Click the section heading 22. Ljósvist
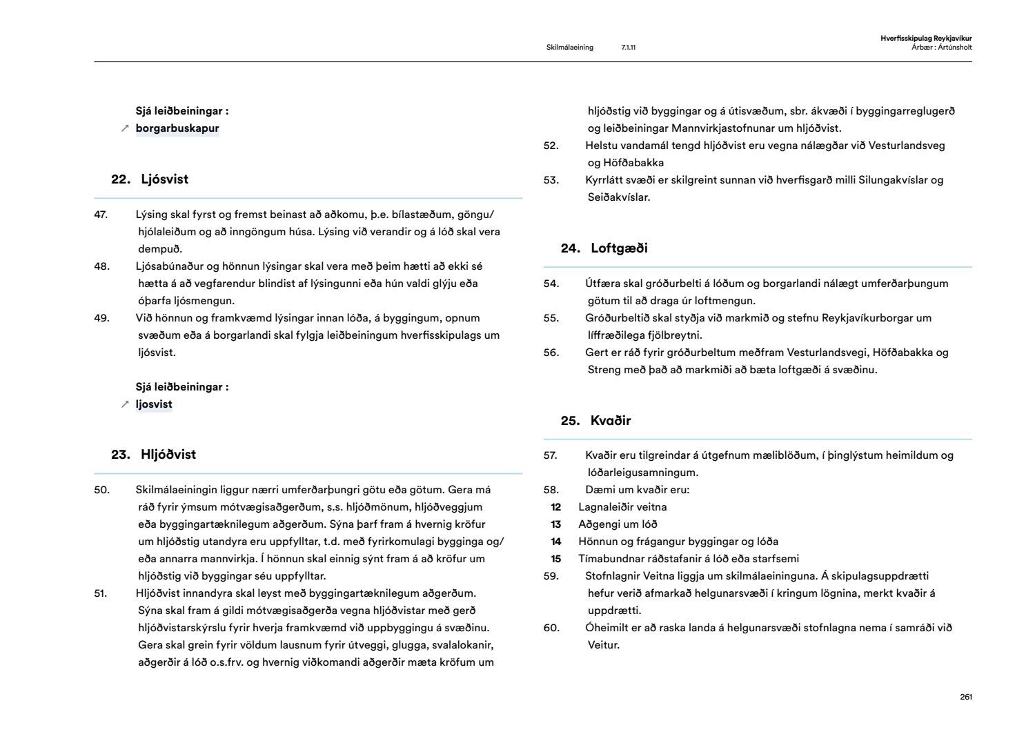[150, 179]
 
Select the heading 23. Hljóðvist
[153, 455]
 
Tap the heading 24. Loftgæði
[604, 248]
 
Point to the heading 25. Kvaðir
[595, 421]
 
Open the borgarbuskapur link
[177, 128]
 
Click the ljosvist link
[153, 404]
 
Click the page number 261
[966, 697]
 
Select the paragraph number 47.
[101, 215]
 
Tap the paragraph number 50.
[101, 490]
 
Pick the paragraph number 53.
[551, 180]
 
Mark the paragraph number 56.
[551, 353]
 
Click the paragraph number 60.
[551, 628]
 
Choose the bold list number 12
[555, 507]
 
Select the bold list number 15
[555, 559]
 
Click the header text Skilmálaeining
[569, 48]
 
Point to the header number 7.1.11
[628, 48]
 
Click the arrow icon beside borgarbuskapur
[125, 128]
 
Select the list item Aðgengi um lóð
[618, 524]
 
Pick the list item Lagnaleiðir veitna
[622, 507]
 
